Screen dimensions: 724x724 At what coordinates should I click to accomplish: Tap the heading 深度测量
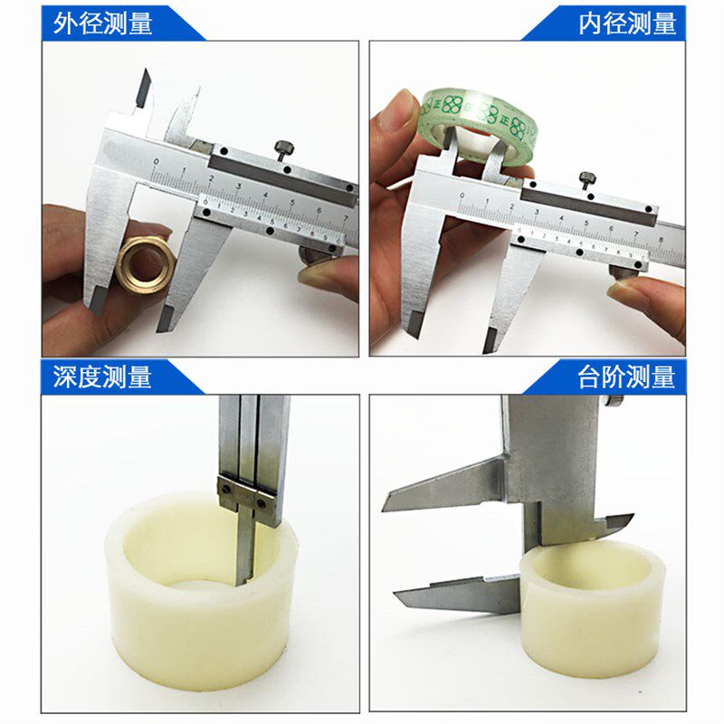(101, 376)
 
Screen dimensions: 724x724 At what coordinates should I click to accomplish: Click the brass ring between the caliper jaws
(144, 261)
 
